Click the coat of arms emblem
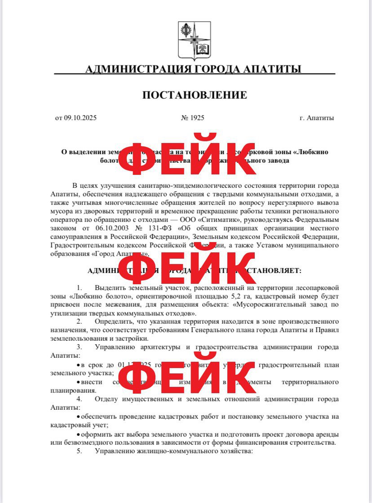[x=194, y=41]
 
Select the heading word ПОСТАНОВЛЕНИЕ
[x=195, y=95]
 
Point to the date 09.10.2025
[x=80, y=118]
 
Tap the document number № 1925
[x=193, y=118]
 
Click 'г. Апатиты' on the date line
[x=317, y=118]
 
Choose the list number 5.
[x=79, y=451]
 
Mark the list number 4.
[x=79, y=399]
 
